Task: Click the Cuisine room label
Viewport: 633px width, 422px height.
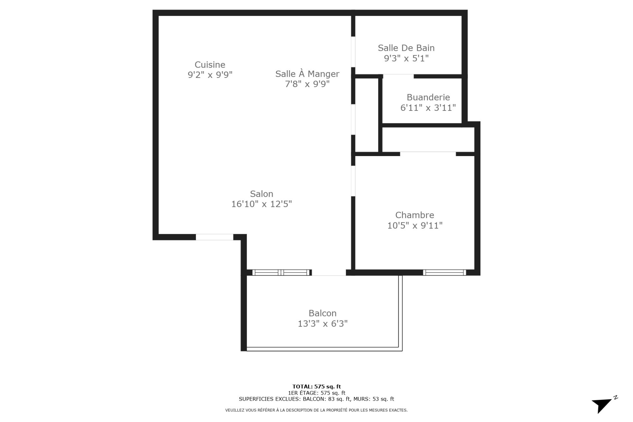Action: click(210, 65)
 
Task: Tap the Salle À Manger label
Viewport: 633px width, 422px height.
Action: click(307, 74)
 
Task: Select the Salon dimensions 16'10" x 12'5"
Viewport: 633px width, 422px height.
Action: click(261, 204)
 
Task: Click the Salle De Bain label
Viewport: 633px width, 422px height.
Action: click(406, 48)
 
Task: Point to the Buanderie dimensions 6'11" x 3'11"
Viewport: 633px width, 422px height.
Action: click(428, 108)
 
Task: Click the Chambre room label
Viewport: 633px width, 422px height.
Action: click(414, 215)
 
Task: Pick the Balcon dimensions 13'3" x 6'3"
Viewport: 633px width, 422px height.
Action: click(322, 324)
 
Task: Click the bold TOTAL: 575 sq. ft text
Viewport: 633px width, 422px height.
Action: click(316, 386)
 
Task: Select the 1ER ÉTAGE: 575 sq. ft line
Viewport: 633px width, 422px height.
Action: click(316, 393)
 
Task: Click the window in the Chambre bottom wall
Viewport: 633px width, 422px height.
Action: click(444, 273)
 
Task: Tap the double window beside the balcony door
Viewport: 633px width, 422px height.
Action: click(281, 273)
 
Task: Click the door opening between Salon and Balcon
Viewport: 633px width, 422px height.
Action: click(329, 273)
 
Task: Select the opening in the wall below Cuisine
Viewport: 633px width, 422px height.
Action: click(214, 237)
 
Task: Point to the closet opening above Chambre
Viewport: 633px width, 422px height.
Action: click(428, 153)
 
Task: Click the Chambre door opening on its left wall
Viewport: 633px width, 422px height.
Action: click(353, 181)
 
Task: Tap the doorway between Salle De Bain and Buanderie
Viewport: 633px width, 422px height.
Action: click(398, 76)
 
